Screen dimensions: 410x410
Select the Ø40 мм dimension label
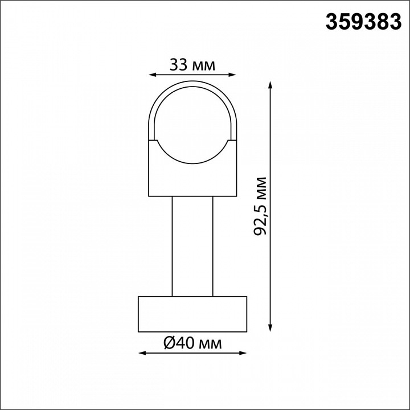(x=192, y=343)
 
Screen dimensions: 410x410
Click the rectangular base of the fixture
(x=192, y=313)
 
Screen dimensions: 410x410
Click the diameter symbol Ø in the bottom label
(x=169, y=343)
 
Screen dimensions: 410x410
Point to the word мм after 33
(x=204, y=65)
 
